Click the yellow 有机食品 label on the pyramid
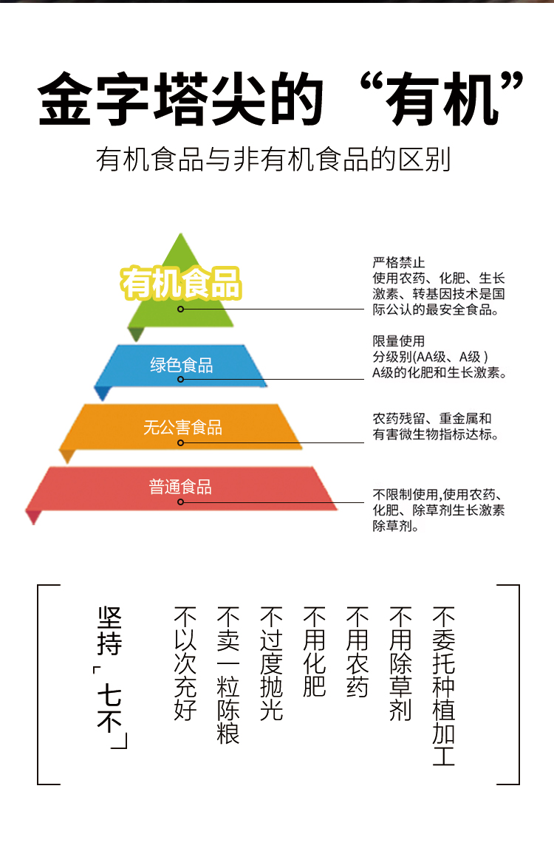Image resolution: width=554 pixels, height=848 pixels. point(181,283)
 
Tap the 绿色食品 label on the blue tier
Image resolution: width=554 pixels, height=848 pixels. point(181,365)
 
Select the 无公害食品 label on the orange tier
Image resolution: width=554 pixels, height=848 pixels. point(182,427)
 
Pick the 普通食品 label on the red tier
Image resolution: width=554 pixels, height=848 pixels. point(180,487)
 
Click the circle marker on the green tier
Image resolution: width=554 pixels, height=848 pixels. point(181,309)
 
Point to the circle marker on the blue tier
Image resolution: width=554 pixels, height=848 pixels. point(181,380)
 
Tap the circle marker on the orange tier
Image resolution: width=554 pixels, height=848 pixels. point(181,442)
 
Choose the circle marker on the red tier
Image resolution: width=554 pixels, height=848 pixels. point(181,502)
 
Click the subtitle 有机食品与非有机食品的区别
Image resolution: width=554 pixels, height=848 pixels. point(273,160)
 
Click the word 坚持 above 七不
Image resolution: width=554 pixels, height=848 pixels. point(109,631)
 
